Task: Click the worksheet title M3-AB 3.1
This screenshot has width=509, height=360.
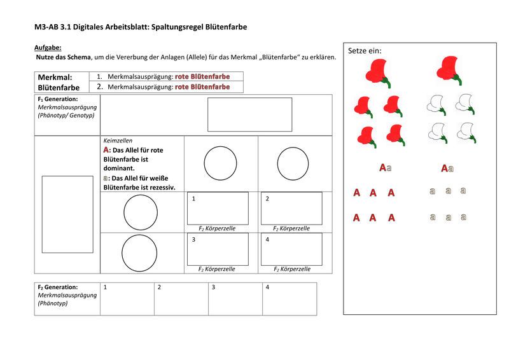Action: tap(140, 27)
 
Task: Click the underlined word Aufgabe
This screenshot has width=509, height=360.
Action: tap(48, 48)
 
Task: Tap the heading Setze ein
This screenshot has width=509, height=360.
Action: tap(365, 51)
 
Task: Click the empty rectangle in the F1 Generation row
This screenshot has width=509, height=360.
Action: tap(249, 114)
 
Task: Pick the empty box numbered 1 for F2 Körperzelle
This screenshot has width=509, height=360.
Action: tap(218, 208)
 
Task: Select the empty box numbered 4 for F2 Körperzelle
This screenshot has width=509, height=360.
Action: tap(291, 249)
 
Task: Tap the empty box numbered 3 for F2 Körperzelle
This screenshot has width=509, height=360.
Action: tap(218, 249)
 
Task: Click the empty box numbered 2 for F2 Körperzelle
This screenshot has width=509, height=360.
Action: tap(291, 208)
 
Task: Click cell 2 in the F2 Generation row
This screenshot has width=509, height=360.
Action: tap(181, 299)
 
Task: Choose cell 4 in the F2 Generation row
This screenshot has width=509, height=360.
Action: tap(289, 299)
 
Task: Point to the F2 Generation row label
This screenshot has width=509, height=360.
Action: tap(67, 295)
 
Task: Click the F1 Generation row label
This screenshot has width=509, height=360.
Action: tap(66, 107)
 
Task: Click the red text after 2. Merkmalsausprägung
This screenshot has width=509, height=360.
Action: tap(202, 87)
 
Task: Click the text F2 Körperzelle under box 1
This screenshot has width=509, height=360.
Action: tap(217, 228)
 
